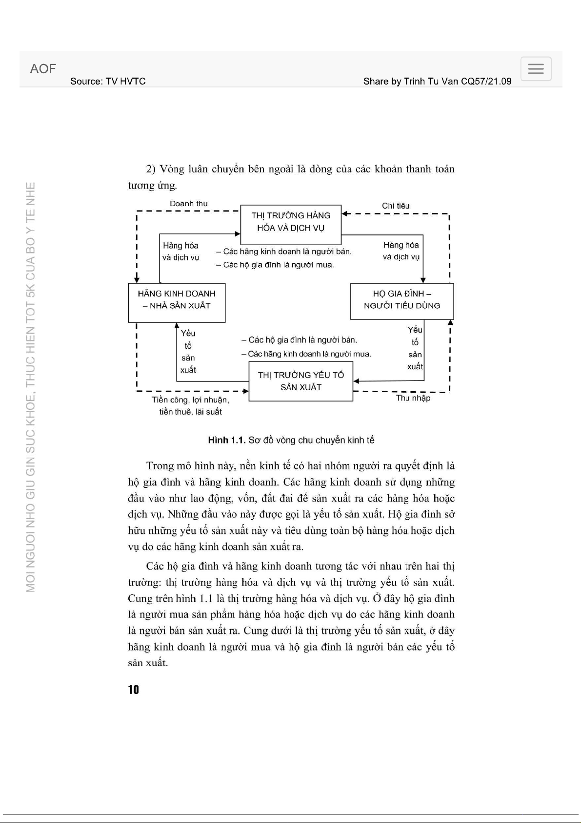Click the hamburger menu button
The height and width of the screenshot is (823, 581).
click(536, 69)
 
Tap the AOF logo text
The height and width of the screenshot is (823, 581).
click(43, 69)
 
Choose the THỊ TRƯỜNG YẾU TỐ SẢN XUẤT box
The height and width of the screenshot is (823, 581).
click(301, 381)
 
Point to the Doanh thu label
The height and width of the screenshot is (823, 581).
click(188, 204)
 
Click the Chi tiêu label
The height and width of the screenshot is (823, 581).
click(396, 206)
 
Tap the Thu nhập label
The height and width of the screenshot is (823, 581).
click(413, 398)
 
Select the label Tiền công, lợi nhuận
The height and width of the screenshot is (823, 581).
click(190, 400)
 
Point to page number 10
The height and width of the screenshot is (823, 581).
click(133, 690)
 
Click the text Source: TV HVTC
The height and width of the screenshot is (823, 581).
click(108, 82)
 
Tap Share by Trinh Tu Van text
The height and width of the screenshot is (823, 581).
click(437, 82)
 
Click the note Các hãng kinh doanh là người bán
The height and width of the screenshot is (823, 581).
click(284, 252)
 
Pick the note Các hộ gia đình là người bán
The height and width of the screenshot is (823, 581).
click(300, 340)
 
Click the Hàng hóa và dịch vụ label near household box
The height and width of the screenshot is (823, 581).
click(401, 251)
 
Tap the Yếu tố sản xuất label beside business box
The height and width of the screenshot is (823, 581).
click(188, 352)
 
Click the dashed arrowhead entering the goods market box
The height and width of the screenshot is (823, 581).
click(344, 213)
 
